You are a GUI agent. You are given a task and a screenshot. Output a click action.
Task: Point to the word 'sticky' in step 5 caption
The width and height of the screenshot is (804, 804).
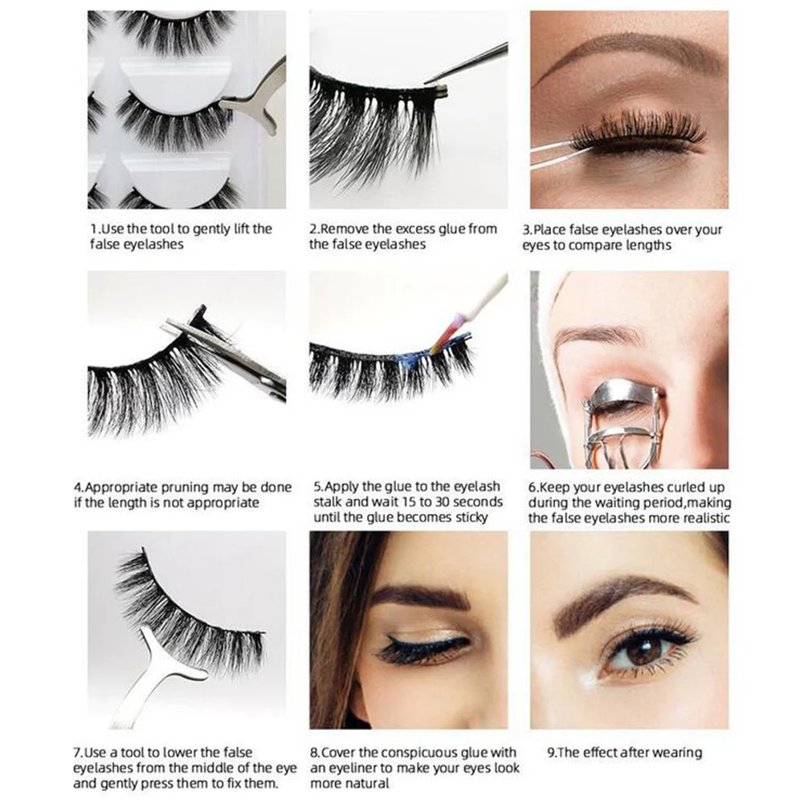(467, 517)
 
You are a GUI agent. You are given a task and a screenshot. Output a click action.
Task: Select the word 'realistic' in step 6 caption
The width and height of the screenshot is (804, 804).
(704, 517)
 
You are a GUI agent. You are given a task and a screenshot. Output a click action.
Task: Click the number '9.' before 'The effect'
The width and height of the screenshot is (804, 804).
(551, 753)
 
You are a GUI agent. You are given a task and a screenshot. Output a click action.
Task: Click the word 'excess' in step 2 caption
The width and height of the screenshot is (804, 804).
(398, 229)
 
